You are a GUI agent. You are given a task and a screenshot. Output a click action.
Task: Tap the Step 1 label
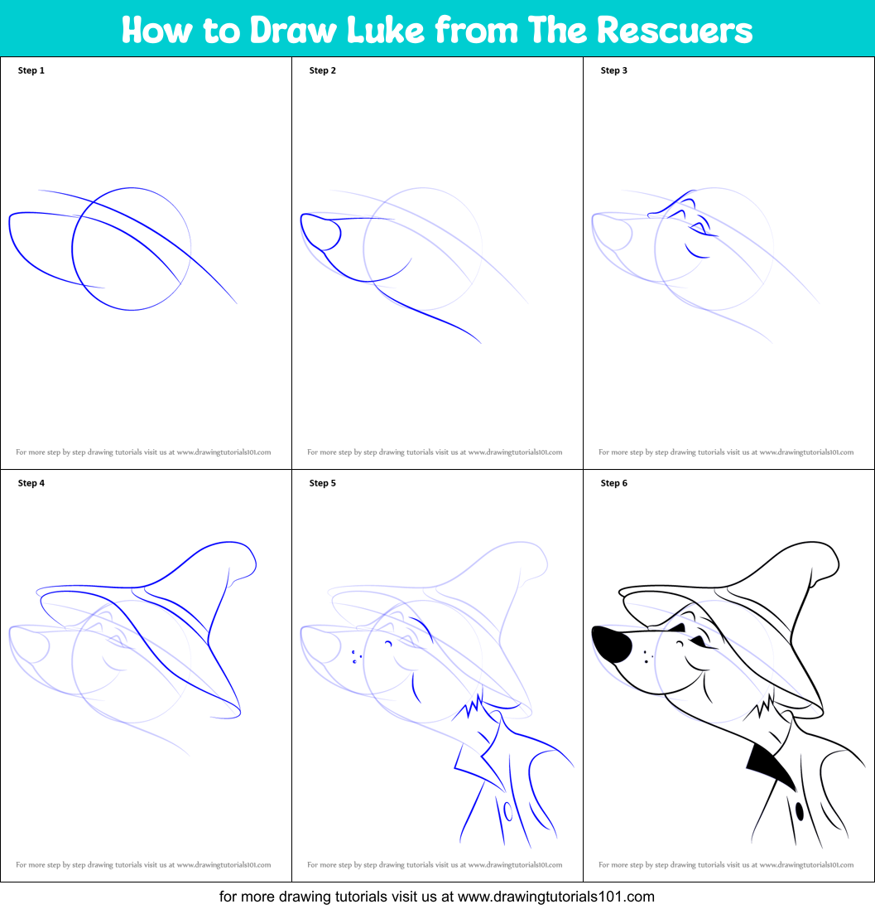[31, 70]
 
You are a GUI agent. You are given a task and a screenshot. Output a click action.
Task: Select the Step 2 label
[323, 70]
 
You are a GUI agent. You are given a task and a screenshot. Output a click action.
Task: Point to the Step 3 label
[614, 70]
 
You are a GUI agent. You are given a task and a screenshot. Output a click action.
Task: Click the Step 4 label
[31, 483]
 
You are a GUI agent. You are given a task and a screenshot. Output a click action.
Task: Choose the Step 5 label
[323, 483]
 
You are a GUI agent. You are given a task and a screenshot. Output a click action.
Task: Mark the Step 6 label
[614, 483]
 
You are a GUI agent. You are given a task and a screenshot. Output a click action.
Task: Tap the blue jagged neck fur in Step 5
[470, 708]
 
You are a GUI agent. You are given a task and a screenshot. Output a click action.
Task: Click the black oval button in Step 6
[799, 810]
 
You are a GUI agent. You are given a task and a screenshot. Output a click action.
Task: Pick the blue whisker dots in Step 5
[355, 657]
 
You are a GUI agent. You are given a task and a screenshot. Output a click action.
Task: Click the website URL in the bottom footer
[555, 896]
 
